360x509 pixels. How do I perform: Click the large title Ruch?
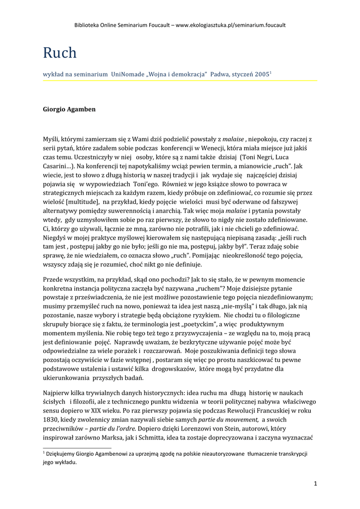click(x=60, y=53)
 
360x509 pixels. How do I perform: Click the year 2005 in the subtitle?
click(x=262, y=74)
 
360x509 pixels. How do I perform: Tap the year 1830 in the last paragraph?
click(x=51, y=420)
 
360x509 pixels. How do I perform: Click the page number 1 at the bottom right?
click(x=315, y=484)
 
